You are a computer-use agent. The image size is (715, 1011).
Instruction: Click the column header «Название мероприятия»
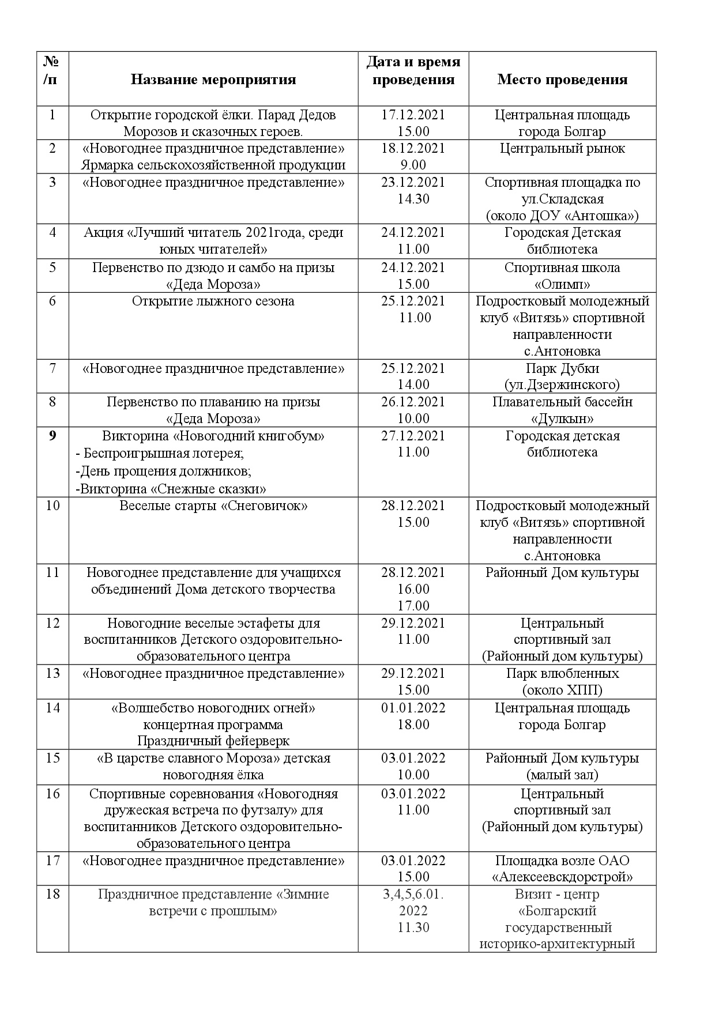(x=213, y=80)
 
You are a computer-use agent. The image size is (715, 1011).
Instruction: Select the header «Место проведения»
(x=562, y=80)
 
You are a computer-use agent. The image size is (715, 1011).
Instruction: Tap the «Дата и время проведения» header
(x=413, y=70)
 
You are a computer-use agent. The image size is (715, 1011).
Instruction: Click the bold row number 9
(x=52, y=436)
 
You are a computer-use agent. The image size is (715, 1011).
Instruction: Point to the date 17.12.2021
(x=413, y=115)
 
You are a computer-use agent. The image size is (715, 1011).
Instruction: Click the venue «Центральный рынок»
(x=562, y=149)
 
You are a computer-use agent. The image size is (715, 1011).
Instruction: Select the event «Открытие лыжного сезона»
(x=213, y=301)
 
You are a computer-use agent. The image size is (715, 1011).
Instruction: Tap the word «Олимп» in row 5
(x=562, y=284)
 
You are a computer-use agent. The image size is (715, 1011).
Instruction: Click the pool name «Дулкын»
(x=562, y=418)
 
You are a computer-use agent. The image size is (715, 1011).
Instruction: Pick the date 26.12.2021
(x=413, y=402)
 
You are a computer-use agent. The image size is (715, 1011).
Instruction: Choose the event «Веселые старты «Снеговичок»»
(x=213, y=506)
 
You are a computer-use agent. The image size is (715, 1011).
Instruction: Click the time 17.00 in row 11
(x=413, y=606)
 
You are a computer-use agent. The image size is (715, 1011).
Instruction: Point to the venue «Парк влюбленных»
(x=562, y=673)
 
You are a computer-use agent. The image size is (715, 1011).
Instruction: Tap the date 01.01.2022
(x=413, y=708)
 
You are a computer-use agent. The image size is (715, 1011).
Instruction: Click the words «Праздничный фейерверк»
(x=213, y=741)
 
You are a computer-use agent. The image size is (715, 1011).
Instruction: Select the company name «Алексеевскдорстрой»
(x=562, y=877)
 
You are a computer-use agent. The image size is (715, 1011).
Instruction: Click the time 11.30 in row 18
(x=413, y=927)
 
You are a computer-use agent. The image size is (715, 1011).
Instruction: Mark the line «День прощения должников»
(x=164, y=471)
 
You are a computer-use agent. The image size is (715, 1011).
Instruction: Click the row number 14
(x=52, y=708)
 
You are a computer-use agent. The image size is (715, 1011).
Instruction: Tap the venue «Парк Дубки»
(x=562, y=368)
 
